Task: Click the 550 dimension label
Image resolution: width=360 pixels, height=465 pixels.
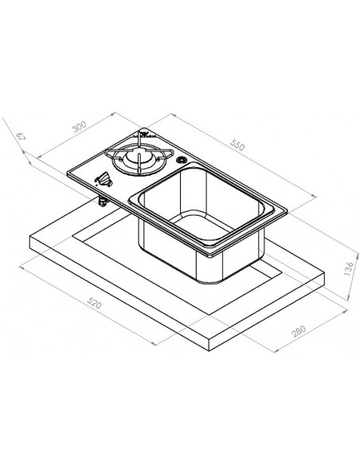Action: (237, 145)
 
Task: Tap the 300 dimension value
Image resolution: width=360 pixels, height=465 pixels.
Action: (80, 127)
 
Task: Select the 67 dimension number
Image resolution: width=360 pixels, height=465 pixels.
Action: (21, 137)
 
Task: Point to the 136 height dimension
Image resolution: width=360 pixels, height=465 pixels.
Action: (349, 268)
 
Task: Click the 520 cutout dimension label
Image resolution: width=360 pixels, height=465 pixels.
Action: (94, 303)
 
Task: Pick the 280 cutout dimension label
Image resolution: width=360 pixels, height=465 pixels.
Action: (299, 331)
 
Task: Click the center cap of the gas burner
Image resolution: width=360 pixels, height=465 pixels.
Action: (138, 158)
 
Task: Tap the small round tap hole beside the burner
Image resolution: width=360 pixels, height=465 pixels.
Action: (181, 160)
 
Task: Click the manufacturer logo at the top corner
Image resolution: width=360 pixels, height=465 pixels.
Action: (144, 134)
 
